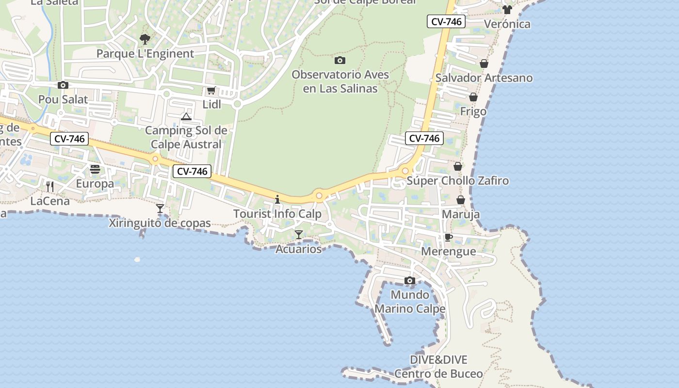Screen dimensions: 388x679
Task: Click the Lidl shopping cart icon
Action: pos(211,90)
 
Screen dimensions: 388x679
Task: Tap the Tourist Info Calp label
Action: pos(277,214)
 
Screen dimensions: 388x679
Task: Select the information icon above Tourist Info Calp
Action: pos(277,199)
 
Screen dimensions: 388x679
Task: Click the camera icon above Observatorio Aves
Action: pos(340,61)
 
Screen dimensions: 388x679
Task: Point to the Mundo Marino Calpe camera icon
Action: pos(410,280)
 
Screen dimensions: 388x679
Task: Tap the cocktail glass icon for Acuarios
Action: pos(299,235)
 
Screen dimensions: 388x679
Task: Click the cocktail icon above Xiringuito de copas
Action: pos(160,209)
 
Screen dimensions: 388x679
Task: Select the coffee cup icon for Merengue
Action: pos(449,237)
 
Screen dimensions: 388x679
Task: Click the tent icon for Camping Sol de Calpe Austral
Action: pos(186,116)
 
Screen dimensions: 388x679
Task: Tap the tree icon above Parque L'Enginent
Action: pos(145,39)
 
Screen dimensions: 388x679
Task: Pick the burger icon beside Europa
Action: pos(95,169)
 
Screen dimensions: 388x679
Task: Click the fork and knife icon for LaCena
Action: pos(50,186)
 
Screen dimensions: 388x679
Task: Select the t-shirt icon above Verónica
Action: pos(507,10)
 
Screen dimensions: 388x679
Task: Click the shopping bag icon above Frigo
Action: pos(473,97)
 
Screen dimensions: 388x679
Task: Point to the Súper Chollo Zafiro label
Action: pos(458,181)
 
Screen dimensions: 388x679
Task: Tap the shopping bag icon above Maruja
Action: pos(461,200)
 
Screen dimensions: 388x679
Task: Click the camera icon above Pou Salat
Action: pos(63,85)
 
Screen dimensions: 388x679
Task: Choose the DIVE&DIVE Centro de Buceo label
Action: pos(438,367)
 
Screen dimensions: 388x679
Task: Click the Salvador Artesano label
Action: pos(484,78)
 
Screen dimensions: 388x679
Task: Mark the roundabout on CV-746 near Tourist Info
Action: pos(319,196)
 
